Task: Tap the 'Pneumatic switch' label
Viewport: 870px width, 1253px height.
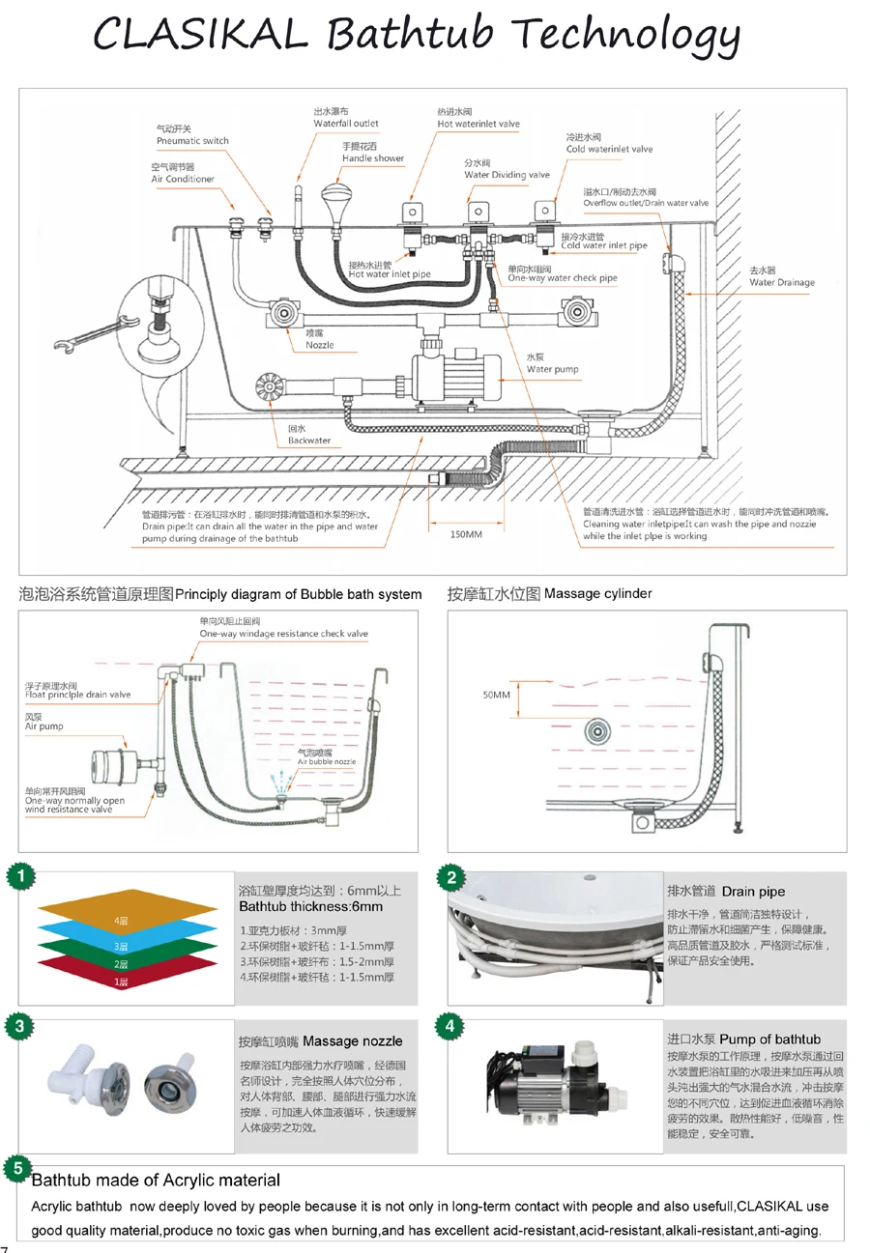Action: [192, 141]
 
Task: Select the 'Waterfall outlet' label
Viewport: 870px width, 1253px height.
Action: [346, 124]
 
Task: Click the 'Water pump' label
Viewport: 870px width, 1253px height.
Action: [552, 369]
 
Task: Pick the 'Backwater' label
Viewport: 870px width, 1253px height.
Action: [308, 441]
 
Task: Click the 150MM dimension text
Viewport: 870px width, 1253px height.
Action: [466, 534]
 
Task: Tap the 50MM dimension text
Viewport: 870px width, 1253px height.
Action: [495, 694]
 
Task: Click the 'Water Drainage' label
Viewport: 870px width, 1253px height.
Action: [781, 282]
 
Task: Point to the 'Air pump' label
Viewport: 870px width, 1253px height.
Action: [43, 726]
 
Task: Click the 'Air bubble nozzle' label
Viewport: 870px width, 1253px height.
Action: [326, 761]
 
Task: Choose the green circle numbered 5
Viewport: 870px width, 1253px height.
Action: [16, 1169]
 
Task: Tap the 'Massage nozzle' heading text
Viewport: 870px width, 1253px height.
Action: [352, 1041]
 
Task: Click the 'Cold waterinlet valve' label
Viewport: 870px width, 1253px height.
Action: [609, 149]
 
